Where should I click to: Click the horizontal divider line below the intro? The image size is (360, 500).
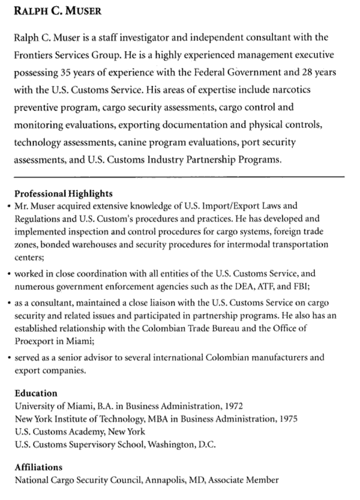pyautogui.click(x=179, y=176)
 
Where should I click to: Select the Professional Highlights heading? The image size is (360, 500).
pyautogui.click(x=63, y=194)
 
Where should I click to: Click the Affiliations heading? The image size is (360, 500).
pyautogui.click(x=38, y=467)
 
